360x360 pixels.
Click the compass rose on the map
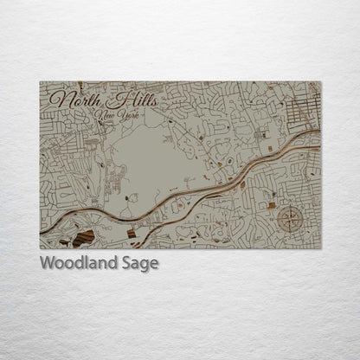tap(290, 221)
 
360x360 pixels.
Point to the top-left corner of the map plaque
tap(40, 82)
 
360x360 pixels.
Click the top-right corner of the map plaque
tap(320, 82)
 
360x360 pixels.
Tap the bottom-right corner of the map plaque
tap(320, 247)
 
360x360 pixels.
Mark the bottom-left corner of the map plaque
tap(40, 247)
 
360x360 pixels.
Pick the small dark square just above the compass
tap(272, 205)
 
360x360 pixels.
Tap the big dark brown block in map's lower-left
tap(84, 238)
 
